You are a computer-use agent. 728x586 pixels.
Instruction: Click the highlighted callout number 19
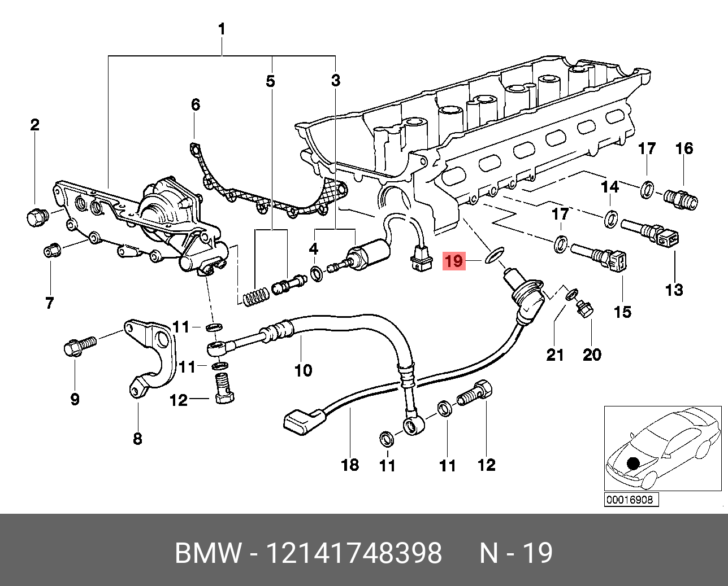point(453,261)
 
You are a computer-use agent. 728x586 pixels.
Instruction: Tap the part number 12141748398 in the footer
point(354,553)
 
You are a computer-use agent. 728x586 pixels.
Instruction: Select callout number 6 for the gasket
point(195,104)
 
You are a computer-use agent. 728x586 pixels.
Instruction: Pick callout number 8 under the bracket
point(137,438)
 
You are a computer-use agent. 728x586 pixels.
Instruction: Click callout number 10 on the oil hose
point(304,370)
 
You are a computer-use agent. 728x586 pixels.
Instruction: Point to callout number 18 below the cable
point(350,465)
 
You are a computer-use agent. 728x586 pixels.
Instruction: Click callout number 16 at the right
point(684,148)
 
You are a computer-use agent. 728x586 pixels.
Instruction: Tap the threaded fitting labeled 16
point(681,198)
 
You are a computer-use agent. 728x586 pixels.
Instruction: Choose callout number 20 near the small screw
point(592,355)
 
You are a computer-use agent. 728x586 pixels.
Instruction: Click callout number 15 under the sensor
point(622,311)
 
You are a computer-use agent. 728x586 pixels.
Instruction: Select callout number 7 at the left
point(50,303)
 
